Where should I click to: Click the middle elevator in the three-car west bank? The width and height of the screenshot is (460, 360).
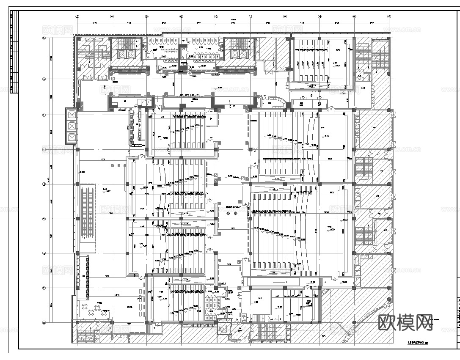pos(71,126)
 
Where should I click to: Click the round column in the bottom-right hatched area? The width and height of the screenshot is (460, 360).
pos(389,300)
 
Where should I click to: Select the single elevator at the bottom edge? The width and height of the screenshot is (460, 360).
pos(222,328)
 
